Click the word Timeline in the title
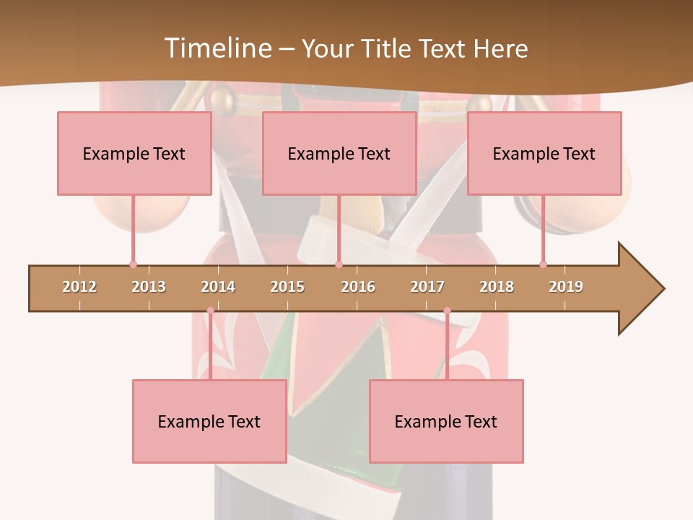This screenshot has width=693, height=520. (x=217, y=48)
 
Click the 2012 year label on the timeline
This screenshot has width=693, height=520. (x=79, y=287)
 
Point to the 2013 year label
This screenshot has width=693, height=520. (x=149, y=287)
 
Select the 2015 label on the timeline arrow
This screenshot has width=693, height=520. (x=287, y=287)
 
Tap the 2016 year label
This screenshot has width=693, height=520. (x=358, y=287)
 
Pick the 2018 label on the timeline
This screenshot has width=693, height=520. (x=497, y=287)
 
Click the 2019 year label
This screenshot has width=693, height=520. (x=566, y=287)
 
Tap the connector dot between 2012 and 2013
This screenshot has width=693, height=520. (x=133, y=264)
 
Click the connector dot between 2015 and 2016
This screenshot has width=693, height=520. (x=339, y=264)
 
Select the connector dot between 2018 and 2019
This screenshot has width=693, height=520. (x=543, y=264)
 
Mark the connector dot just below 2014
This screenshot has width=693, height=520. (x=210, y=311)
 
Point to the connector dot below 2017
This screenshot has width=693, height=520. (x=447, y=311)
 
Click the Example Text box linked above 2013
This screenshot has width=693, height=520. (x=134, y=153)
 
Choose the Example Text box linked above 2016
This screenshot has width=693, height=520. (x=339, y=153)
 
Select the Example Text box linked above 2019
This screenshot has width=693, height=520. (x=544, y=153)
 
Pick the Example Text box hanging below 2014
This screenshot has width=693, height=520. (x=209, y=421)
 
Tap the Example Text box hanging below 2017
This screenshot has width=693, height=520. (x=446, y=421)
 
